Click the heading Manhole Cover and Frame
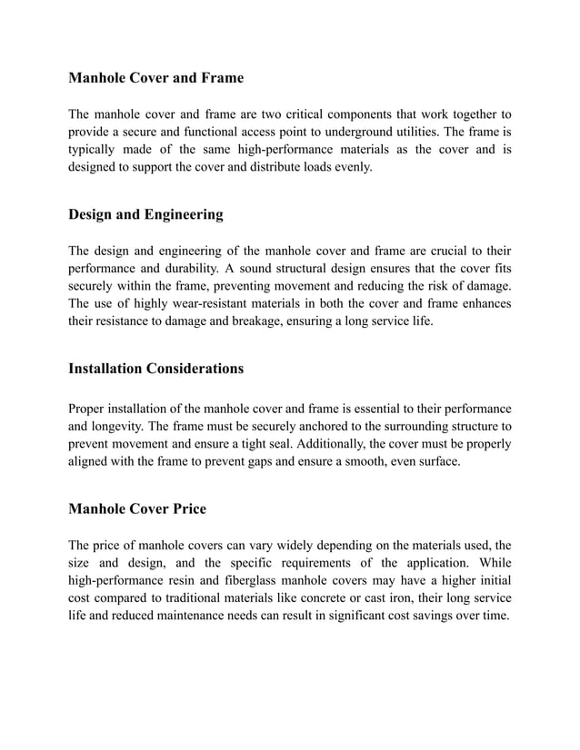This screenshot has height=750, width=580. (x=155, y=78)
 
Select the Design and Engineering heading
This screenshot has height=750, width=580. (x=145, y=214)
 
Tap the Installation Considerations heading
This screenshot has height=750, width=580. (x=155, y=369)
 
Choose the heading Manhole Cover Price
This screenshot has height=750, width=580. (x=137, y=508)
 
